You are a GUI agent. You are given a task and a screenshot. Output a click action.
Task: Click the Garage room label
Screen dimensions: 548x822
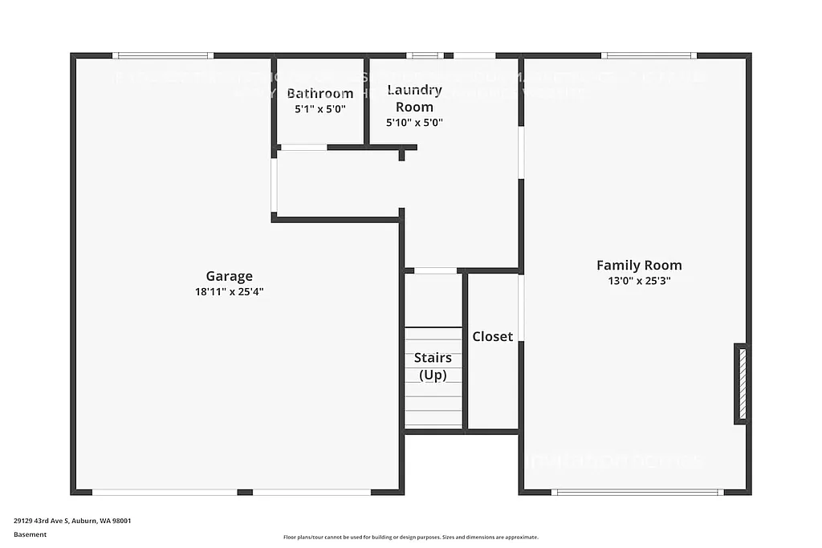click(x=229, y=277)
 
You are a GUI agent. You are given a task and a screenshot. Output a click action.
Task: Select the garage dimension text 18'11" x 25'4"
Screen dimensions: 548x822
click(x=229, y=292)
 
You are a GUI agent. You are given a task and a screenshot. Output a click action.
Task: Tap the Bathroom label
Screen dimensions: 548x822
click(x=319, y=94)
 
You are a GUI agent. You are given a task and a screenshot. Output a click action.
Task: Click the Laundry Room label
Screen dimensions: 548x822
click(x=414, y=98)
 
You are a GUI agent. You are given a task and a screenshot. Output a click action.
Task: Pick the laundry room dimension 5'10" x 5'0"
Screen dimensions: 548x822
click(x=414, y=123)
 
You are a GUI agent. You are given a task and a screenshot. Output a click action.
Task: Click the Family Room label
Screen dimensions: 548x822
click(x=639, y=266)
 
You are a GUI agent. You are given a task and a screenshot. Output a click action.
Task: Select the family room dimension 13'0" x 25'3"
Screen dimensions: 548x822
click(x=639, y=281)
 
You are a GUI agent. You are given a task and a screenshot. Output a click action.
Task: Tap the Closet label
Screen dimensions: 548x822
click(x=492, y=337)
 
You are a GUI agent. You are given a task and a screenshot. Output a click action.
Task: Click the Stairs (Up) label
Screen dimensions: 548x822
click(x=433, y=366)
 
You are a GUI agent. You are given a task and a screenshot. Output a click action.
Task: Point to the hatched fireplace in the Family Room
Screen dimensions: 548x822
click(x=742, y=384)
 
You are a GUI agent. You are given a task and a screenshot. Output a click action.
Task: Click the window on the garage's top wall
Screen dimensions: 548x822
click(x=163, y=55)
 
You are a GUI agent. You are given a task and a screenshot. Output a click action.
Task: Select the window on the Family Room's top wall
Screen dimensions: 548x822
click(x=649, y=55)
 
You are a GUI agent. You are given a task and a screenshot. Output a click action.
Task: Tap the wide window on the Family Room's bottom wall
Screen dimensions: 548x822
click(x=637, y=492)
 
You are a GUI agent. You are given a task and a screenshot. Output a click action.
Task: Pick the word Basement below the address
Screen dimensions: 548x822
click(x=30, y=534)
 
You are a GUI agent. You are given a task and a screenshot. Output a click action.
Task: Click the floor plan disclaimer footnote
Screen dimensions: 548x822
click(x=410, y=538)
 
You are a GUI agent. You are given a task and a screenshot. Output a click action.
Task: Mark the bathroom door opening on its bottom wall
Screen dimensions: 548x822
click(x=303, y=148)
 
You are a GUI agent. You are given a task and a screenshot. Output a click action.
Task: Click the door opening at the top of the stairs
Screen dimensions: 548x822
click(x=435, y=271)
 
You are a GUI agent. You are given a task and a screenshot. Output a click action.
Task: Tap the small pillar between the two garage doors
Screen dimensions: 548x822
click(x=245, y=492)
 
